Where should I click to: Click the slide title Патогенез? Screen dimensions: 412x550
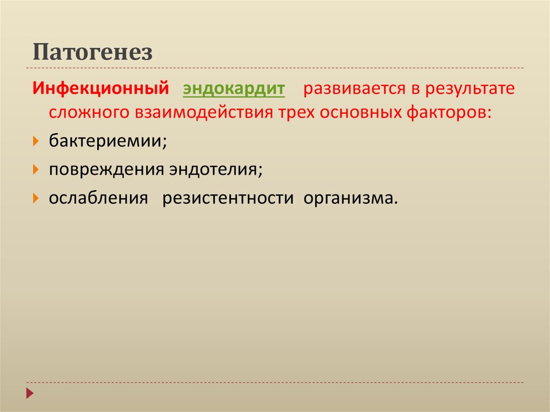point(93,53)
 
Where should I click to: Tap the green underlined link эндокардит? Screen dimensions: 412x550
point(234,89)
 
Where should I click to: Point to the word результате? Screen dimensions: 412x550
point(471,89)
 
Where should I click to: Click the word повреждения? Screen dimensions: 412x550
point(106,170)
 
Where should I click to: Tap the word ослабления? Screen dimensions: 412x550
point(98,198)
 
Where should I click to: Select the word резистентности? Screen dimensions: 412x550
point(228,198)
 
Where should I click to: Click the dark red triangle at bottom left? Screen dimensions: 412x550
point(30,393)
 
